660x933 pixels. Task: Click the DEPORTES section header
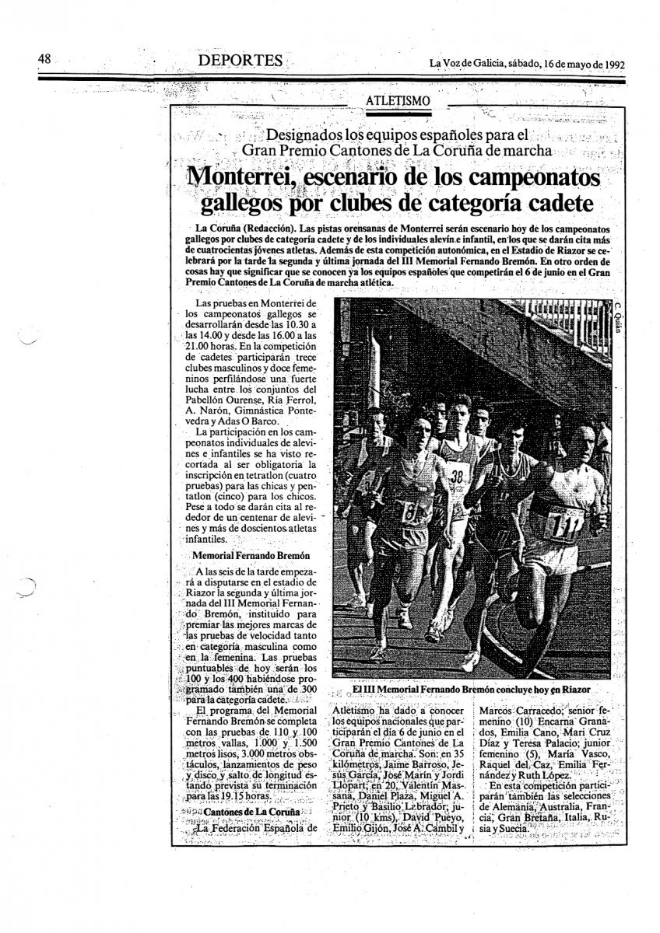(x=239, y=60)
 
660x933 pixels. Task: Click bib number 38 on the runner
(x=458, y=477)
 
